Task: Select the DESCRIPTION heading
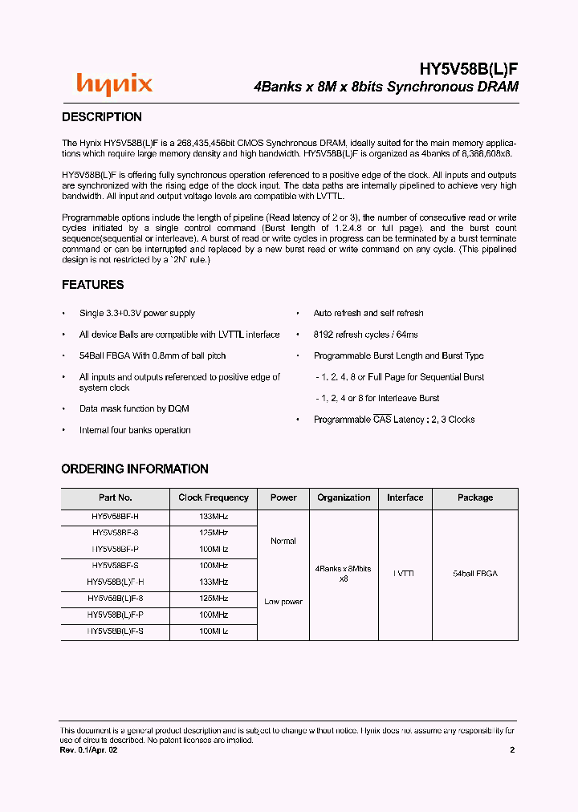pos(102,117)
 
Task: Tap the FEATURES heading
pos(93,285)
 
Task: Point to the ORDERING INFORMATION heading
pos(135,469)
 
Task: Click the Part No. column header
pos(116,497)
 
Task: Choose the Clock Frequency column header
pos(214,497)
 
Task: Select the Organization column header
pos(344,497)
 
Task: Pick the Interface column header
pos(405,497)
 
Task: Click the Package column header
pos(475,497)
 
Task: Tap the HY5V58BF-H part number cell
pos(116,516)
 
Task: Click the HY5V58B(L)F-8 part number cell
pos(116,599)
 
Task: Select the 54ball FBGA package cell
pos(475,574)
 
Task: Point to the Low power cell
pos(283,602)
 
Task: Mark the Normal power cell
pos(283,541)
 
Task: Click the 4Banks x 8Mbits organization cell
pos(344,573)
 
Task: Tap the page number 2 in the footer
pos(512,750)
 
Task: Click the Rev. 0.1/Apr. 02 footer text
pos(94,750)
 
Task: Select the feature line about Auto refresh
pos(368,313)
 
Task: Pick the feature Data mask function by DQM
pos(134,408)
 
